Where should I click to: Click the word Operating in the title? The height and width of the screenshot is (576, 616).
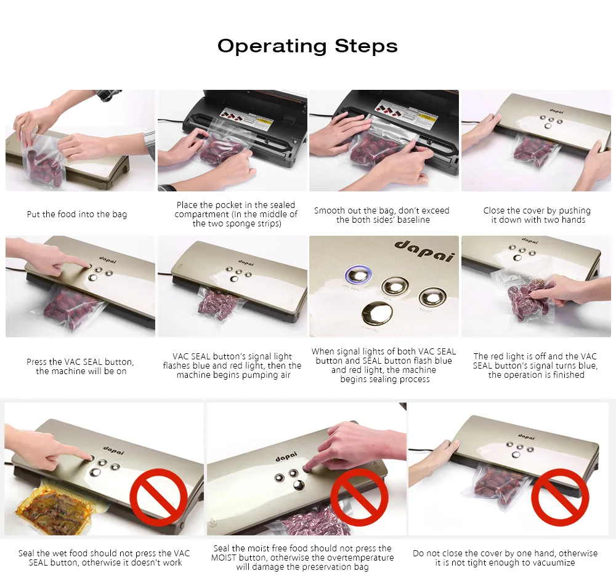(272, 46)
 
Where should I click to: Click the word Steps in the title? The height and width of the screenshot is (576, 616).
(366, 46)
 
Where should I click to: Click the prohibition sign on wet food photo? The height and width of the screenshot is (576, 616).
(158, 497)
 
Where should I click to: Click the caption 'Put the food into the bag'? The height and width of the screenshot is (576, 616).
(77, 214)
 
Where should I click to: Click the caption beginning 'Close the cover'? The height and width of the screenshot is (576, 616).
(537, 215)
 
